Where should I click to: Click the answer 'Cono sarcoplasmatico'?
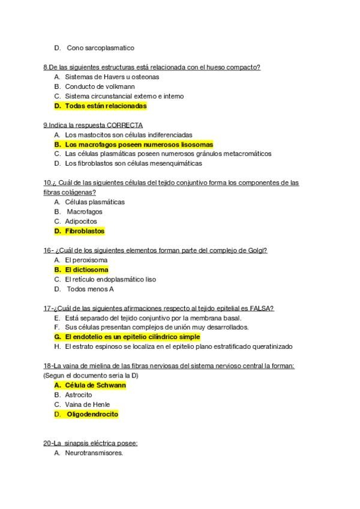[x=100, y=47]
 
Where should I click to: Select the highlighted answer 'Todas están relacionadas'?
[x=106, y=106]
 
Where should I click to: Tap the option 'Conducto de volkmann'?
[x=100, y=86]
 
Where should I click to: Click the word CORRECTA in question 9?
[x=125, y=125]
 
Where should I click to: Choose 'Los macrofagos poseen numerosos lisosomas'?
[x=139, y=144]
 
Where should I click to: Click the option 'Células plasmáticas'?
[x=95, y=202]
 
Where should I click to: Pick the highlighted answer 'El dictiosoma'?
[x=86, y=270]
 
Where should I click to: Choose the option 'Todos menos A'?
[x=90, y=289]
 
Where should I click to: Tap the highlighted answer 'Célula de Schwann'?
[x=95, y=385]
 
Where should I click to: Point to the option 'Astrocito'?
[x=79, y=394]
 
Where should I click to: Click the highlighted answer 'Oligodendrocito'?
[x=92, y=414]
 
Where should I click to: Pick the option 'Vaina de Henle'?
[x=87, y=404]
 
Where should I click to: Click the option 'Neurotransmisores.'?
[x=94, y=453]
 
